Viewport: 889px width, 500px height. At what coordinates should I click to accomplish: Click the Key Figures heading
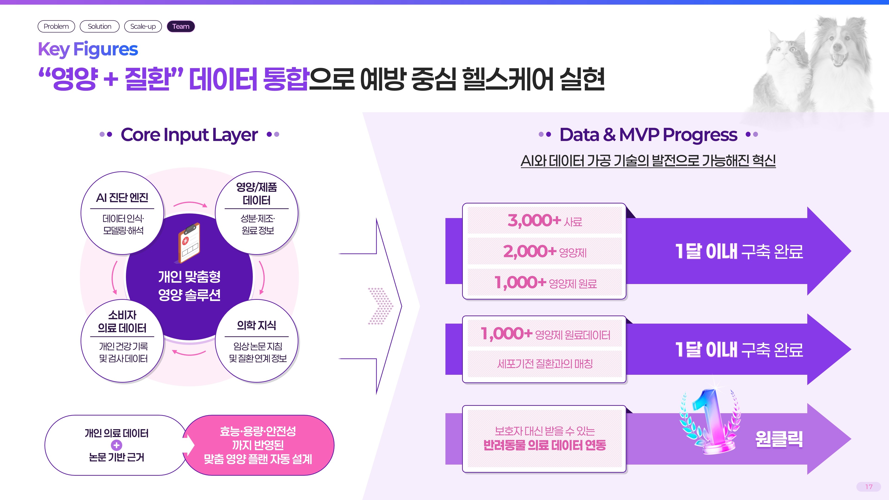[88, 49]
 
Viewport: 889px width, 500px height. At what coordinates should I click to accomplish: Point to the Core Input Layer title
[189, 134]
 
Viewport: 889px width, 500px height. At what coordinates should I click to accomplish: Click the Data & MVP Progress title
[648, 134]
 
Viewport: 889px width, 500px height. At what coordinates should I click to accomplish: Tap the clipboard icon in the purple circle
[188, 243]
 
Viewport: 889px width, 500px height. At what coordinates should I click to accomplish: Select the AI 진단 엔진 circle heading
[122, 198]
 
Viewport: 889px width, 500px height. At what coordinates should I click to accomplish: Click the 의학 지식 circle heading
[257, 325]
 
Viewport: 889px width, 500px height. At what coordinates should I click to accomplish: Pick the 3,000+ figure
[534, 220]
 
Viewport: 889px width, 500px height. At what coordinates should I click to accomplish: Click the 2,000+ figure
[530, 251]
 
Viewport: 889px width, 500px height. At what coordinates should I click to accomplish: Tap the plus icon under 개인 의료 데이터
[117, 445]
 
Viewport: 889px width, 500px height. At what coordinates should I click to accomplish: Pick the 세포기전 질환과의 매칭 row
[545, 364]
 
